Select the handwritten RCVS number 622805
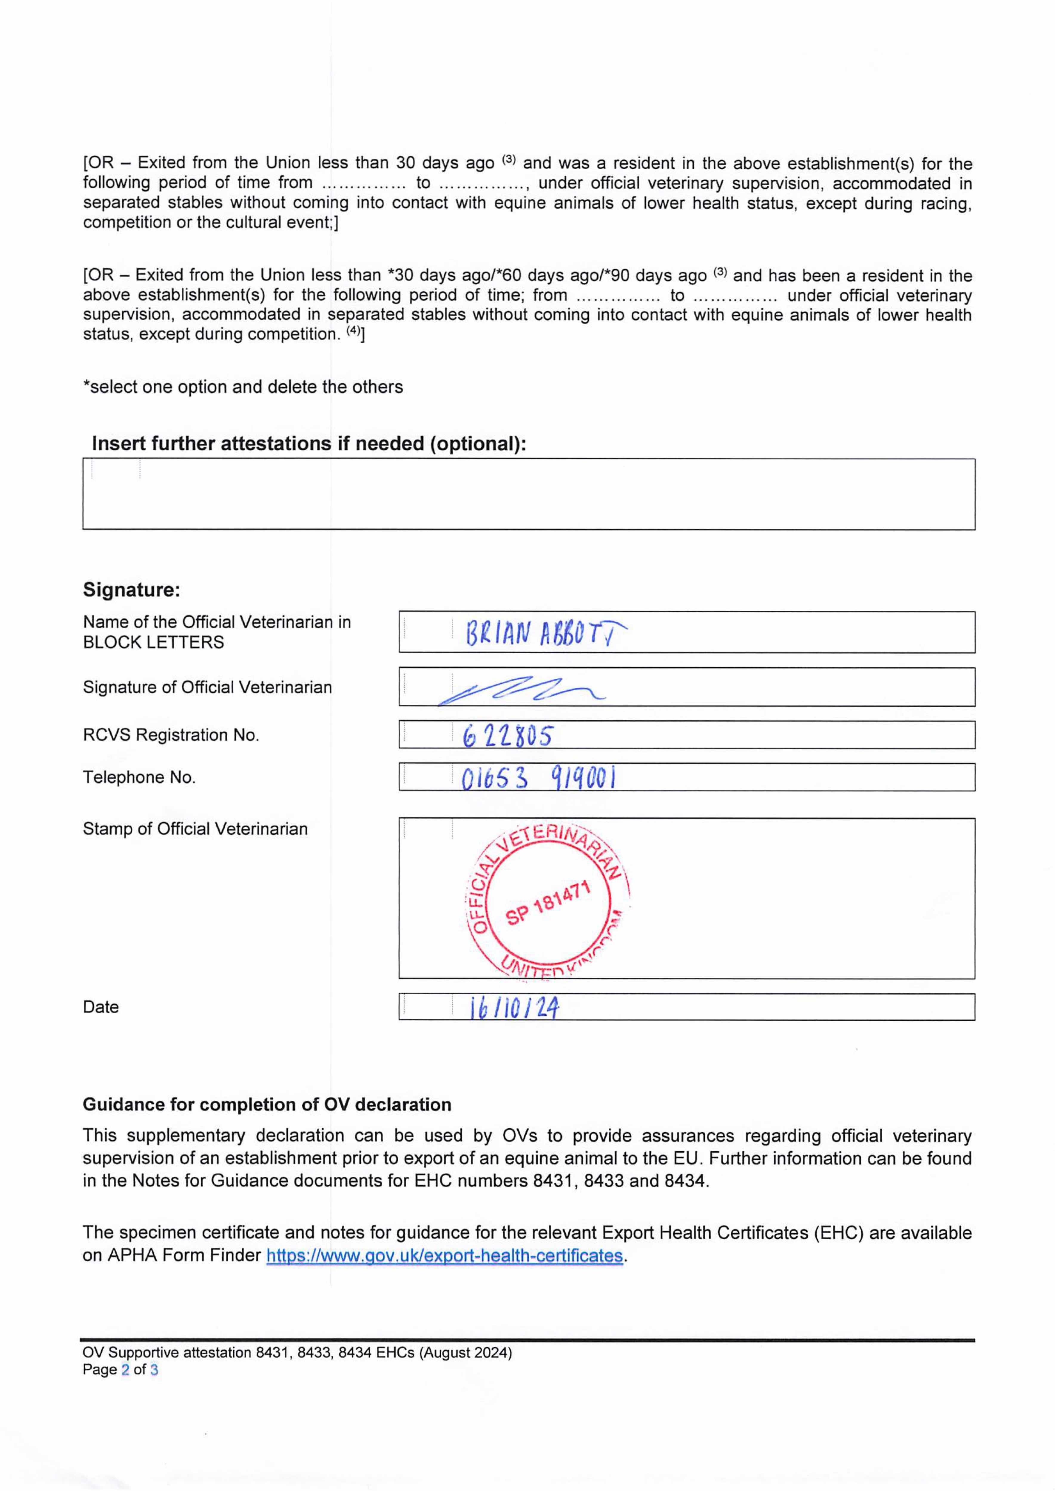pyautogui.click(x=508, y=736)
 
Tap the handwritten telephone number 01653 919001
pyautogui.click(x=538, y=777)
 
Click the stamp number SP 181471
pyautogui.click(x=547, y=903)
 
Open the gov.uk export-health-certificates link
pyautogui.click(x=444, y=1255)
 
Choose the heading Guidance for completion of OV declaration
pyautogui.click(x=266, y=1105)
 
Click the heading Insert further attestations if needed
pyautogui.click(x=309, y=443)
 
